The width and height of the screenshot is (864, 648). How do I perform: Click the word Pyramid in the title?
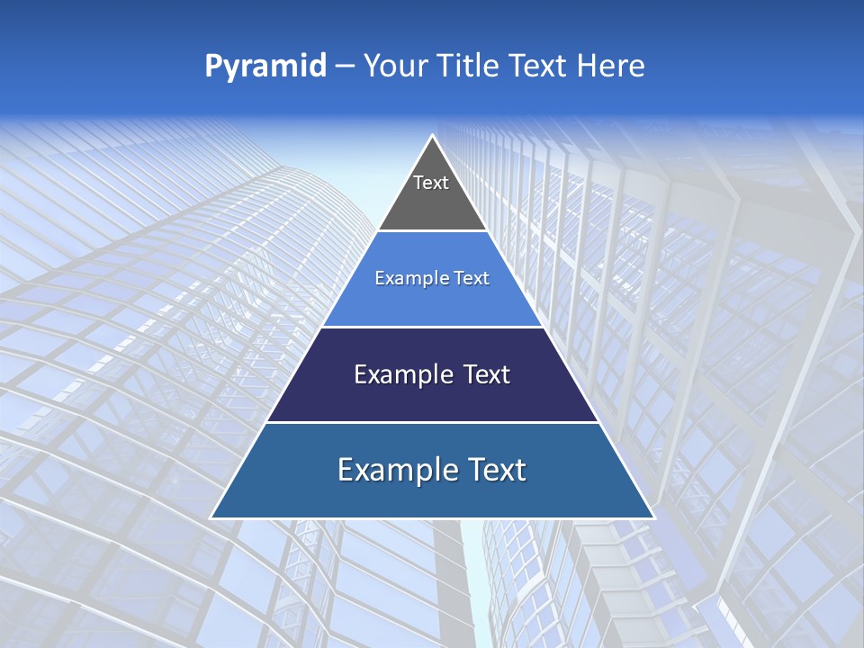pos(265,67)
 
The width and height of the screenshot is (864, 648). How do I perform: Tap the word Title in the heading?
pos(469,66)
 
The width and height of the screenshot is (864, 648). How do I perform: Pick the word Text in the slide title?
pos(538,66)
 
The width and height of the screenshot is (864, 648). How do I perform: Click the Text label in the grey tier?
pos(431,183)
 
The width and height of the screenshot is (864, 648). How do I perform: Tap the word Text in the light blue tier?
pos(472,278)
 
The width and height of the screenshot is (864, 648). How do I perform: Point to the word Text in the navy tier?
pos(481,374)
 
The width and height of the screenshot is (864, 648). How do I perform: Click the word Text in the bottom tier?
pos(495,470)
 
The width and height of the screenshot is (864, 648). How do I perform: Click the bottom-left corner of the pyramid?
pos(211,518)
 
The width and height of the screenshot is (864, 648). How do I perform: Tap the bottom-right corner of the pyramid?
pos(654,518)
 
